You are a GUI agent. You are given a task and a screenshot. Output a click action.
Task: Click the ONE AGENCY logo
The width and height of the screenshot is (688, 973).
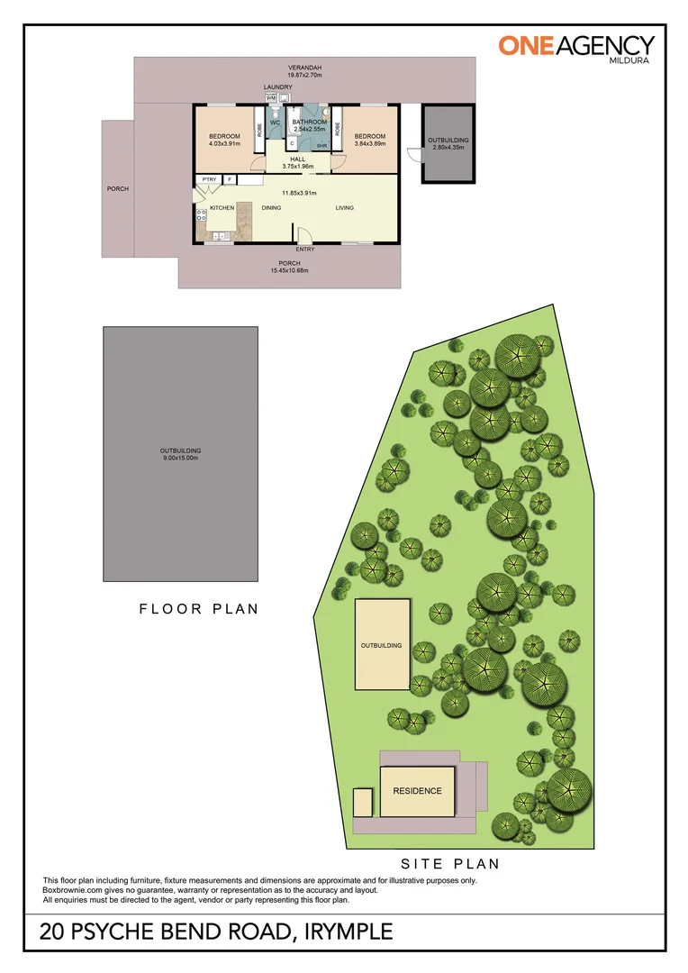coord(576,47)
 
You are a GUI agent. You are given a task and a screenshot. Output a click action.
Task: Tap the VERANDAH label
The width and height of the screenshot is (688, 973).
coord(305,68)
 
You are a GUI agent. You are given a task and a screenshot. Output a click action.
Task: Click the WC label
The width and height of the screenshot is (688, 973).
coord(276,122)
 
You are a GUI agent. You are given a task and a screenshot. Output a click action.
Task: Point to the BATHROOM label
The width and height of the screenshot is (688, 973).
coord(309,122)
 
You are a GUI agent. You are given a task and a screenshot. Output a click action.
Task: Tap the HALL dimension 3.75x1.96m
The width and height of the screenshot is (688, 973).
coord(297,166)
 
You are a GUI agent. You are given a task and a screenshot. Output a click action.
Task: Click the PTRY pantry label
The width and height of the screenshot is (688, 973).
coord(209,179)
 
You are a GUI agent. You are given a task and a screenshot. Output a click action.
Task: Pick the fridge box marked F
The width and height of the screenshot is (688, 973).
coord(230,179)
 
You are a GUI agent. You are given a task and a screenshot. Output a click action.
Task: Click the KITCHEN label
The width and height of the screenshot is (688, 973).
coord(222,208)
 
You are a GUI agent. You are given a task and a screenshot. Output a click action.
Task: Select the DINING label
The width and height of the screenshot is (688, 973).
coord(271,208)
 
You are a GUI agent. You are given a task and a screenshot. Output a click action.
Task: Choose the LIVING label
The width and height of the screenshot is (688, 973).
coord(345,208)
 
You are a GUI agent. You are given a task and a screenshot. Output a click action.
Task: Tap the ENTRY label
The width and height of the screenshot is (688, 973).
coord(305,250)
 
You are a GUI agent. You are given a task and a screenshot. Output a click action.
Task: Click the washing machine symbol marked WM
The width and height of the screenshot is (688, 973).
coord(270,97)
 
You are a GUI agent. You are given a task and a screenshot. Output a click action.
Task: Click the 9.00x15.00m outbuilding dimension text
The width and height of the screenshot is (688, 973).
coord(180,458)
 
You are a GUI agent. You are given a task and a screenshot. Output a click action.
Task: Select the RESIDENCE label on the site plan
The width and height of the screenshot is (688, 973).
coord(417,791)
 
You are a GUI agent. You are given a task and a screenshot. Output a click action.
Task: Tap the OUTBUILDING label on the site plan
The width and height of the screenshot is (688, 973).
coord(382,646)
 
